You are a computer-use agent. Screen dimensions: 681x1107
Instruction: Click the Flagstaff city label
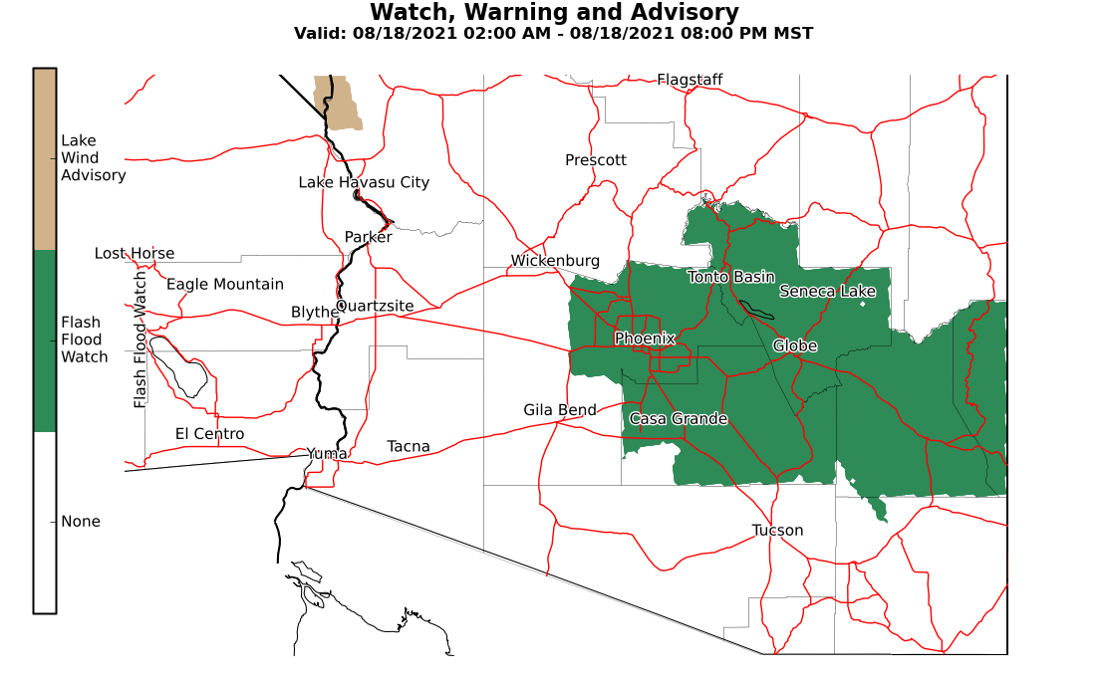click(690, 80)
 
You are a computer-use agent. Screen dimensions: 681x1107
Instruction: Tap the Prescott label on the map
click(596, 160)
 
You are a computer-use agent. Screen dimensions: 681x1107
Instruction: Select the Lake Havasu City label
click(364, 182)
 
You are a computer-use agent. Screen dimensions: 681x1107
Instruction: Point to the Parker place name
click(368, 237)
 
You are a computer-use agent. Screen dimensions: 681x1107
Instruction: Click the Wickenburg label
click(555, 261)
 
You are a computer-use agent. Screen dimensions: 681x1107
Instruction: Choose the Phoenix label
click(645, 339)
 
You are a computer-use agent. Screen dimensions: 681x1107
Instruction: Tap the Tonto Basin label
click(731, 277)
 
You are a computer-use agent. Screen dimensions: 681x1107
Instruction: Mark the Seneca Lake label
click(827, 291)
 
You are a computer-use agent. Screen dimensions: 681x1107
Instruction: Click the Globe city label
click(794, 345)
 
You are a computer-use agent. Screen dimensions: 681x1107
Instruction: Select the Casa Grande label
click(678, 419)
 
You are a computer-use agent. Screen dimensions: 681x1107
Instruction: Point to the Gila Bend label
click(560, 410)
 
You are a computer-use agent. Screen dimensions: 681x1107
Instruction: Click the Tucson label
click(777, 530)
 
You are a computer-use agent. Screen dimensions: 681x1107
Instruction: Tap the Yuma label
click(327, 454)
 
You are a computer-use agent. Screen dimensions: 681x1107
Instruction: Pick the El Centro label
click(209, 434)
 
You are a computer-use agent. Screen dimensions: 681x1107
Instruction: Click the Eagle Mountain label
click(224, 285)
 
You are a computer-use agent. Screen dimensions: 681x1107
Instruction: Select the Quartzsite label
click(375, 306)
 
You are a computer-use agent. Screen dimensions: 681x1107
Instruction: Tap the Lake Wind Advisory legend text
click(93, 158)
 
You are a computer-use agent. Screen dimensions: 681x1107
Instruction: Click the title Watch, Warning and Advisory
click(554, 13)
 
